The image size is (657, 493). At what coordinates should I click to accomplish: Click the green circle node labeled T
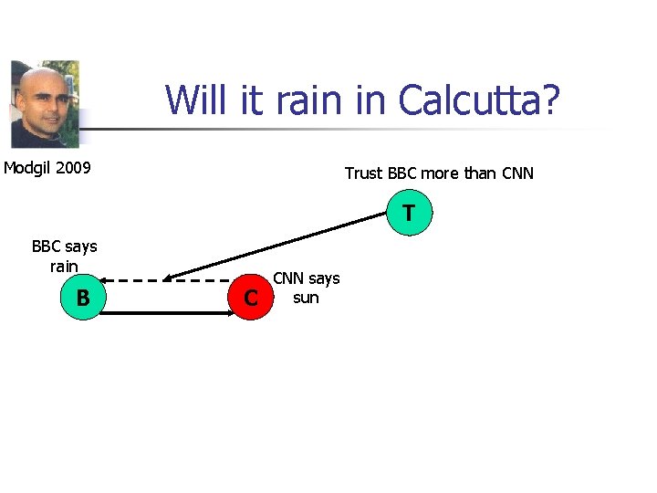click(x=408, y=215)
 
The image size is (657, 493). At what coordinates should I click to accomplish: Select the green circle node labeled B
click(x=82, y=299)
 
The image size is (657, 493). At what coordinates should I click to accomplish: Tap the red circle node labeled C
click(x=250, y=299)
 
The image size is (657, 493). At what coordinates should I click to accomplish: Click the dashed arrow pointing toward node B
click(x=164, y=279)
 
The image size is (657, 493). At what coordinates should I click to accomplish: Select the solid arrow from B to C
click(x=164, y=312)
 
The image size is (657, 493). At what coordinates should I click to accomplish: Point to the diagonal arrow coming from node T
click(x=283, y=246)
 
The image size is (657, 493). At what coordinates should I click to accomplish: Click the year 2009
click(x=76, y=168)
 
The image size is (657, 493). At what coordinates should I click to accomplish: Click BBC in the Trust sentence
click(x=403, y=173)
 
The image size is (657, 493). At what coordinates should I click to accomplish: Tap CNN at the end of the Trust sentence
click(x=517, y=173)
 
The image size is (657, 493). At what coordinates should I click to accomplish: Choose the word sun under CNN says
click(x=306, y=298)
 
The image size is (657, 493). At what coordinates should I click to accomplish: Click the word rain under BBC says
click(x=64, y=267)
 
